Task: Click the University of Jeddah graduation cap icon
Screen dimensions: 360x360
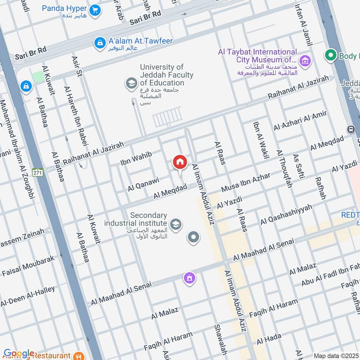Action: click(131, 83)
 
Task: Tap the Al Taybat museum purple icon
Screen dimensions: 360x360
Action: click(305, 60)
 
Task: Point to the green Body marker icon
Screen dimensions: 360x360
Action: click(331, 56)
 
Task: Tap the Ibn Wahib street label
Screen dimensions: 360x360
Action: click(136, 158)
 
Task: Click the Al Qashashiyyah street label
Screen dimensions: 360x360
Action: click(286, 215)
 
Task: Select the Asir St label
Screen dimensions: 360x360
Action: click(76, 66)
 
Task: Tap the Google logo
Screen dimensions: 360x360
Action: click(19, 353)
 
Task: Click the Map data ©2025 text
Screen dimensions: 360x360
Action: click(335, 355)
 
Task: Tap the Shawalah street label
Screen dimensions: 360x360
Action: click(220, 339)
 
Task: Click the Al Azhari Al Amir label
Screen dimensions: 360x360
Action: click(300, 121)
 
